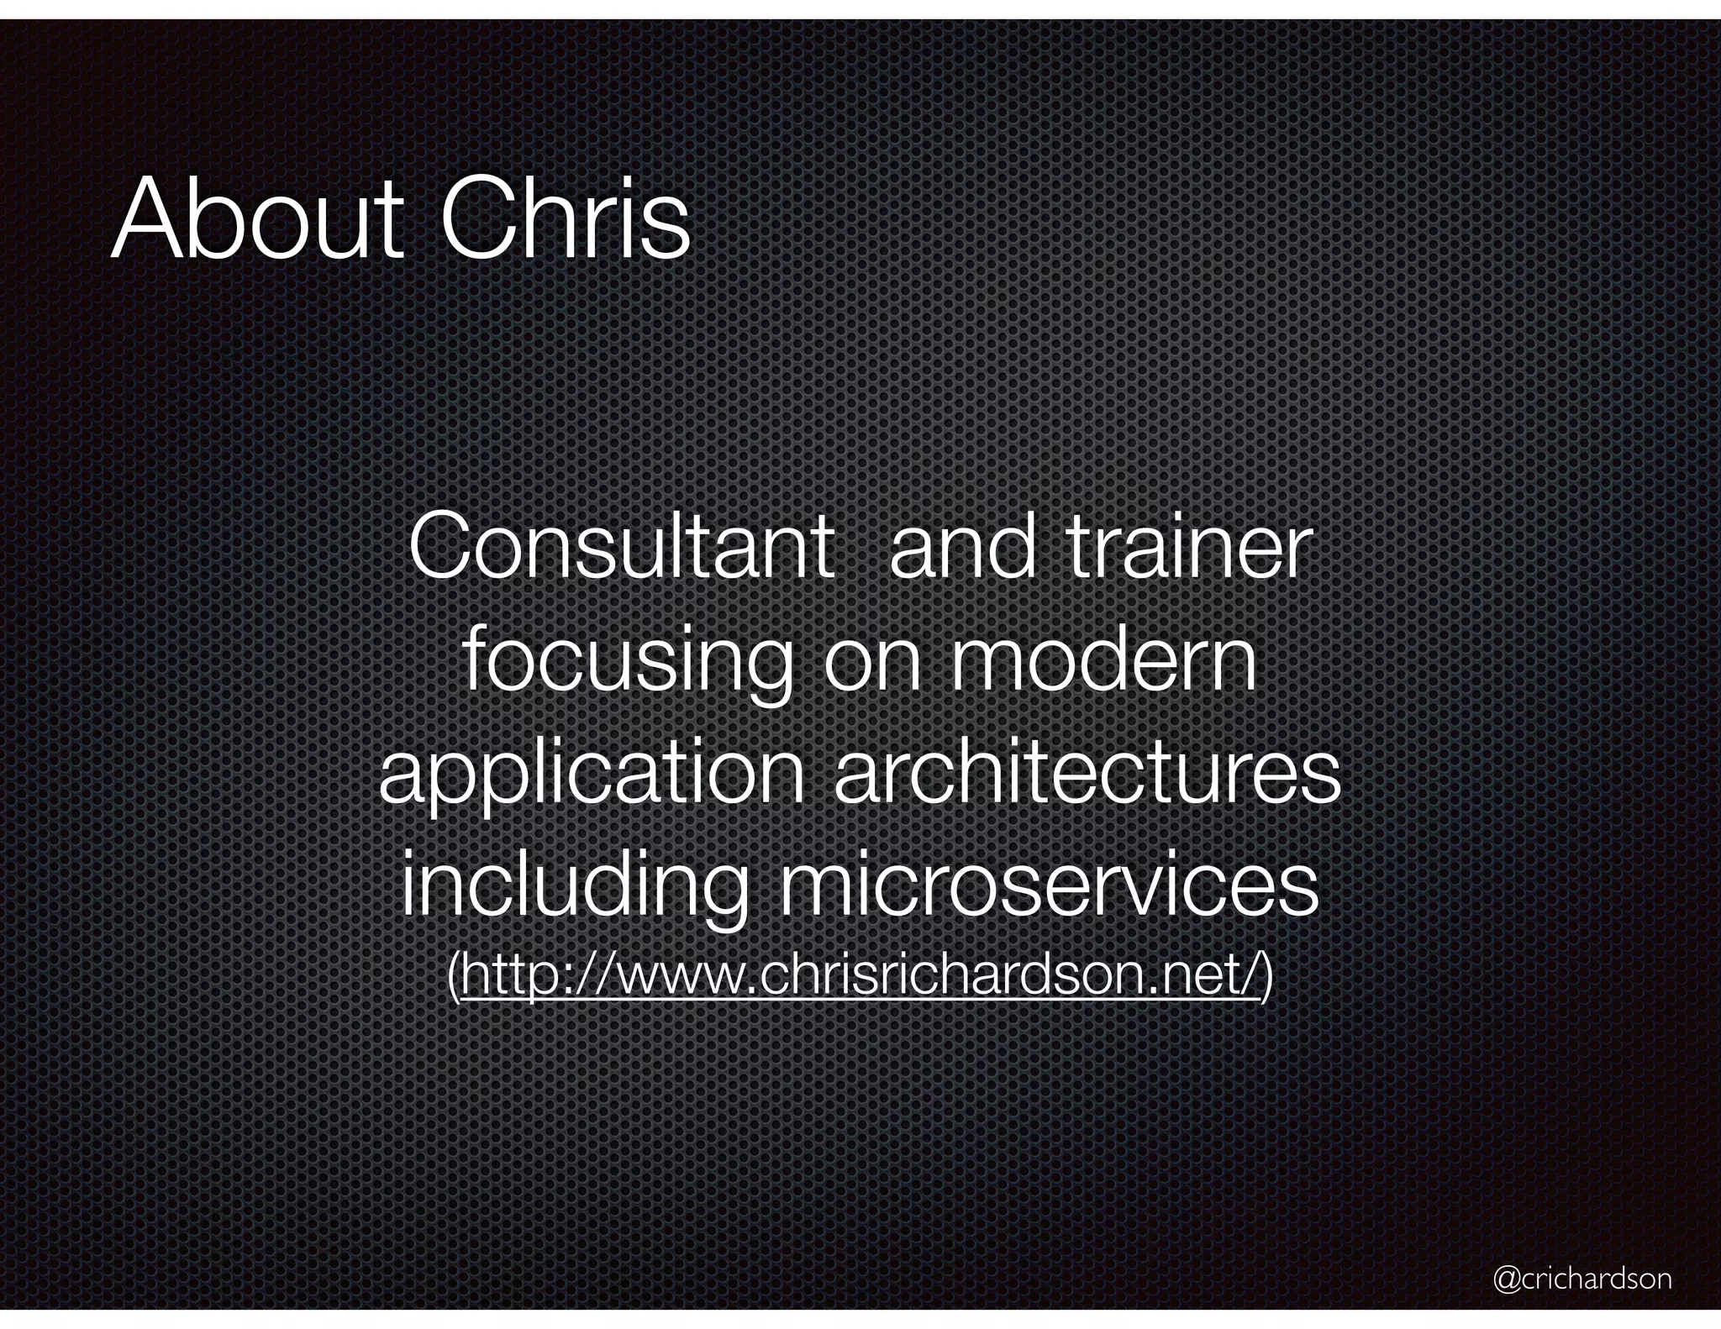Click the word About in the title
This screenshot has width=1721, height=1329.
[x=256, y=219]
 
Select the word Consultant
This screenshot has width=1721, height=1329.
[x=621, y=548]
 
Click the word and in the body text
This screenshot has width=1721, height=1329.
[x=961, y=548]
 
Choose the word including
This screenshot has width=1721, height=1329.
[x=574, y=887]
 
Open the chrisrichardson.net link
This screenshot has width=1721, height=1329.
[x=860, y=975]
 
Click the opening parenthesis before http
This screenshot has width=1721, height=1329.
[x=454, y=977]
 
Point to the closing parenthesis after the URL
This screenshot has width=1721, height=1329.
[x=1267, y=977]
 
